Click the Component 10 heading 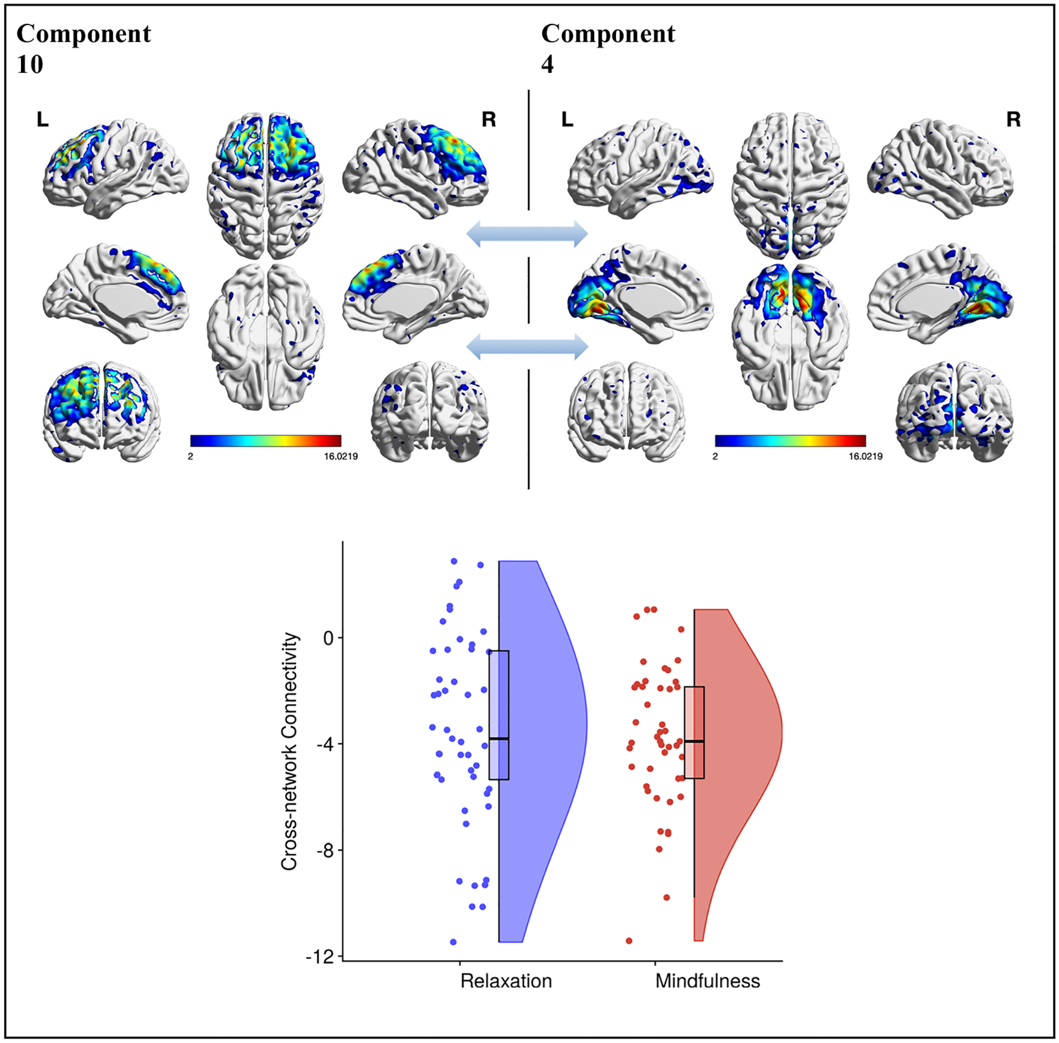pyautogui.click(x=84, y=49)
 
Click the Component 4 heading pyautogui.click(x=608, y=49)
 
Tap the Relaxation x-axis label pyautogui.click(x=506, y=981)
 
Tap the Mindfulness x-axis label pyautogui.click(x=708, y=981)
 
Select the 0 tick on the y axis pyautogui.click(x=329, y=638)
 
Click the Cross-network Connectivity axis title pyautogui.click(x=289, y=751)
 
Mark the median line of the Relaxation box pyautogui.click(x=499, y=738)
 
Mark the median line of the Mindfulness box pyautogui.click(x=694, y=741)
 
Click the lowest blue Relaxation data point pyautogui.click(x=453, y=942)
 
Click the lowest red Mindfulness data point pyautogui.click(x=629, y=941)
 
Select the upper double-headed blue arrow pyautogui.click(x=527, y=233)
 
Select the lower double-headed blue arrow pyautogui.click(x=527, y=347)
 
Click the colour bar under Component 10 pyautogui.click(x=265, y=440)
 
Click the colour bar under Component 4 pyautogui.click(x=790, y=440)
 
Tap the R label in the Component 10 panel pyautogui.click(x=489, y=119)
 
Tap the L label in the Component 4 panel pyautogui.click(x=567, y=119)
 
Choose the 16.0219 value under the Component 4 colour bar pyautogui.click(x=865, y=456)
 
